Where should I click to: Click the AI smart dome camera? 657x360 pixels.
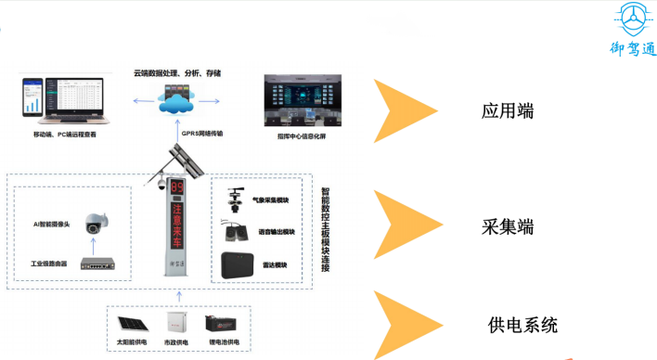[94, 224]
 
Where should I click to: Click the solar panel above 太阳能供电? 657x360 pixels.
[128, 326]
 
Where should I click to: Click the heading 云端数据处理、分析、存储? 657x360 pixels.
[177, 71]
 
